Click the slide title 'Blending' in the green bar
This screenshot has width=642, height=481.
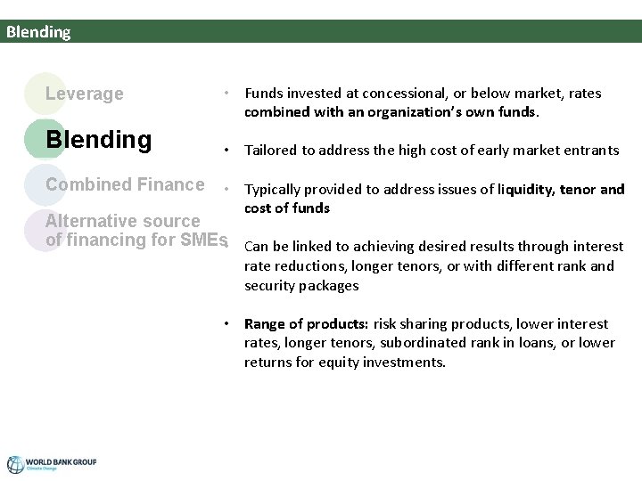coord(37,32)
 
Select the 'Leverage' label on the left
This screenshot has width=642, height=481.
coord(85,94)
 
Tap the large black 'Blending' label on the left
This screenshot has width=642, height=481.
coord(98,140)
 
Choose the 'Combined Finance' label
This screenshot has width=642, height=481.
coord(125,184)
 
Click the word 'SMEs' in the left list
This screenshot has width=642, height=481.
coord(207,240)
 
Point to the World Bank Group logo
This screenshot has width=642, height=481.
coord(52,464)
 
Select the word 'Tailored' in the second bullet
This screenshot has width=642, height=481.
coord(271,150)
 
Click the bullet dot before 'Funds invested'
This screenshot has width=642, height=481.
coord(229,93)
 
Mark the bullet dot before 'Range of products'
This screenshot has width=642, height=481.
coord(229,323)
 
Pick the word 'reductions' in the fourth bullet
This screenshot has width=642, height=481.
coord(311,266)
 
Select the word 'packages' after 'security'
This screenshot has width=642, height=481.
coord(330,286)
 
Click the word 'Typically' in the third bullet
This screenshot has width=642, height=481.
coord(274,189)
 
